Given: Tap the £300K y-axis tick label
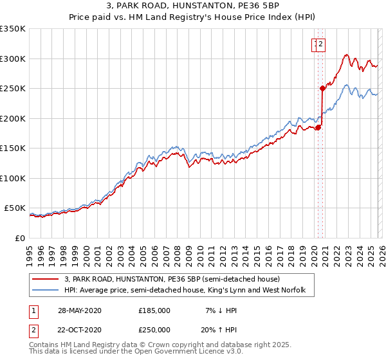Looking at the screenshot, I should click(13, 59).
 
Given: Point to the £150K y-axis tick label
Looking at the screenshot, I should click(13, 148).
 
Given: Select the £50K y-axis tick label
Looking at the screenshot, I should click(15, 208).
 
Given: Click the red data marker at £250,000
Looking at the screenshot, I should click(322, 89).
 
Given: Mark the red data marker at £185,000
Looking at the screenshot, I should click(318, 127).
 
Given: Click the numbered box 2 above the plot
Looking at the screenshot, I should click(321, 44).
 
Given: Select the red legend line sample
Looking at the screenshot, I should click(44, 280).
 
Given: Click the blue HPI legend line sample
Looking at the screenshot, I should click(44, 291).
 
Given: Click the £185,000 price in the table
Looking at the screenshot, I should click(154, 310).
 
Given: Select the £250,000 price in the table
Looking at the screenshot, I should click(154, 329).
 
